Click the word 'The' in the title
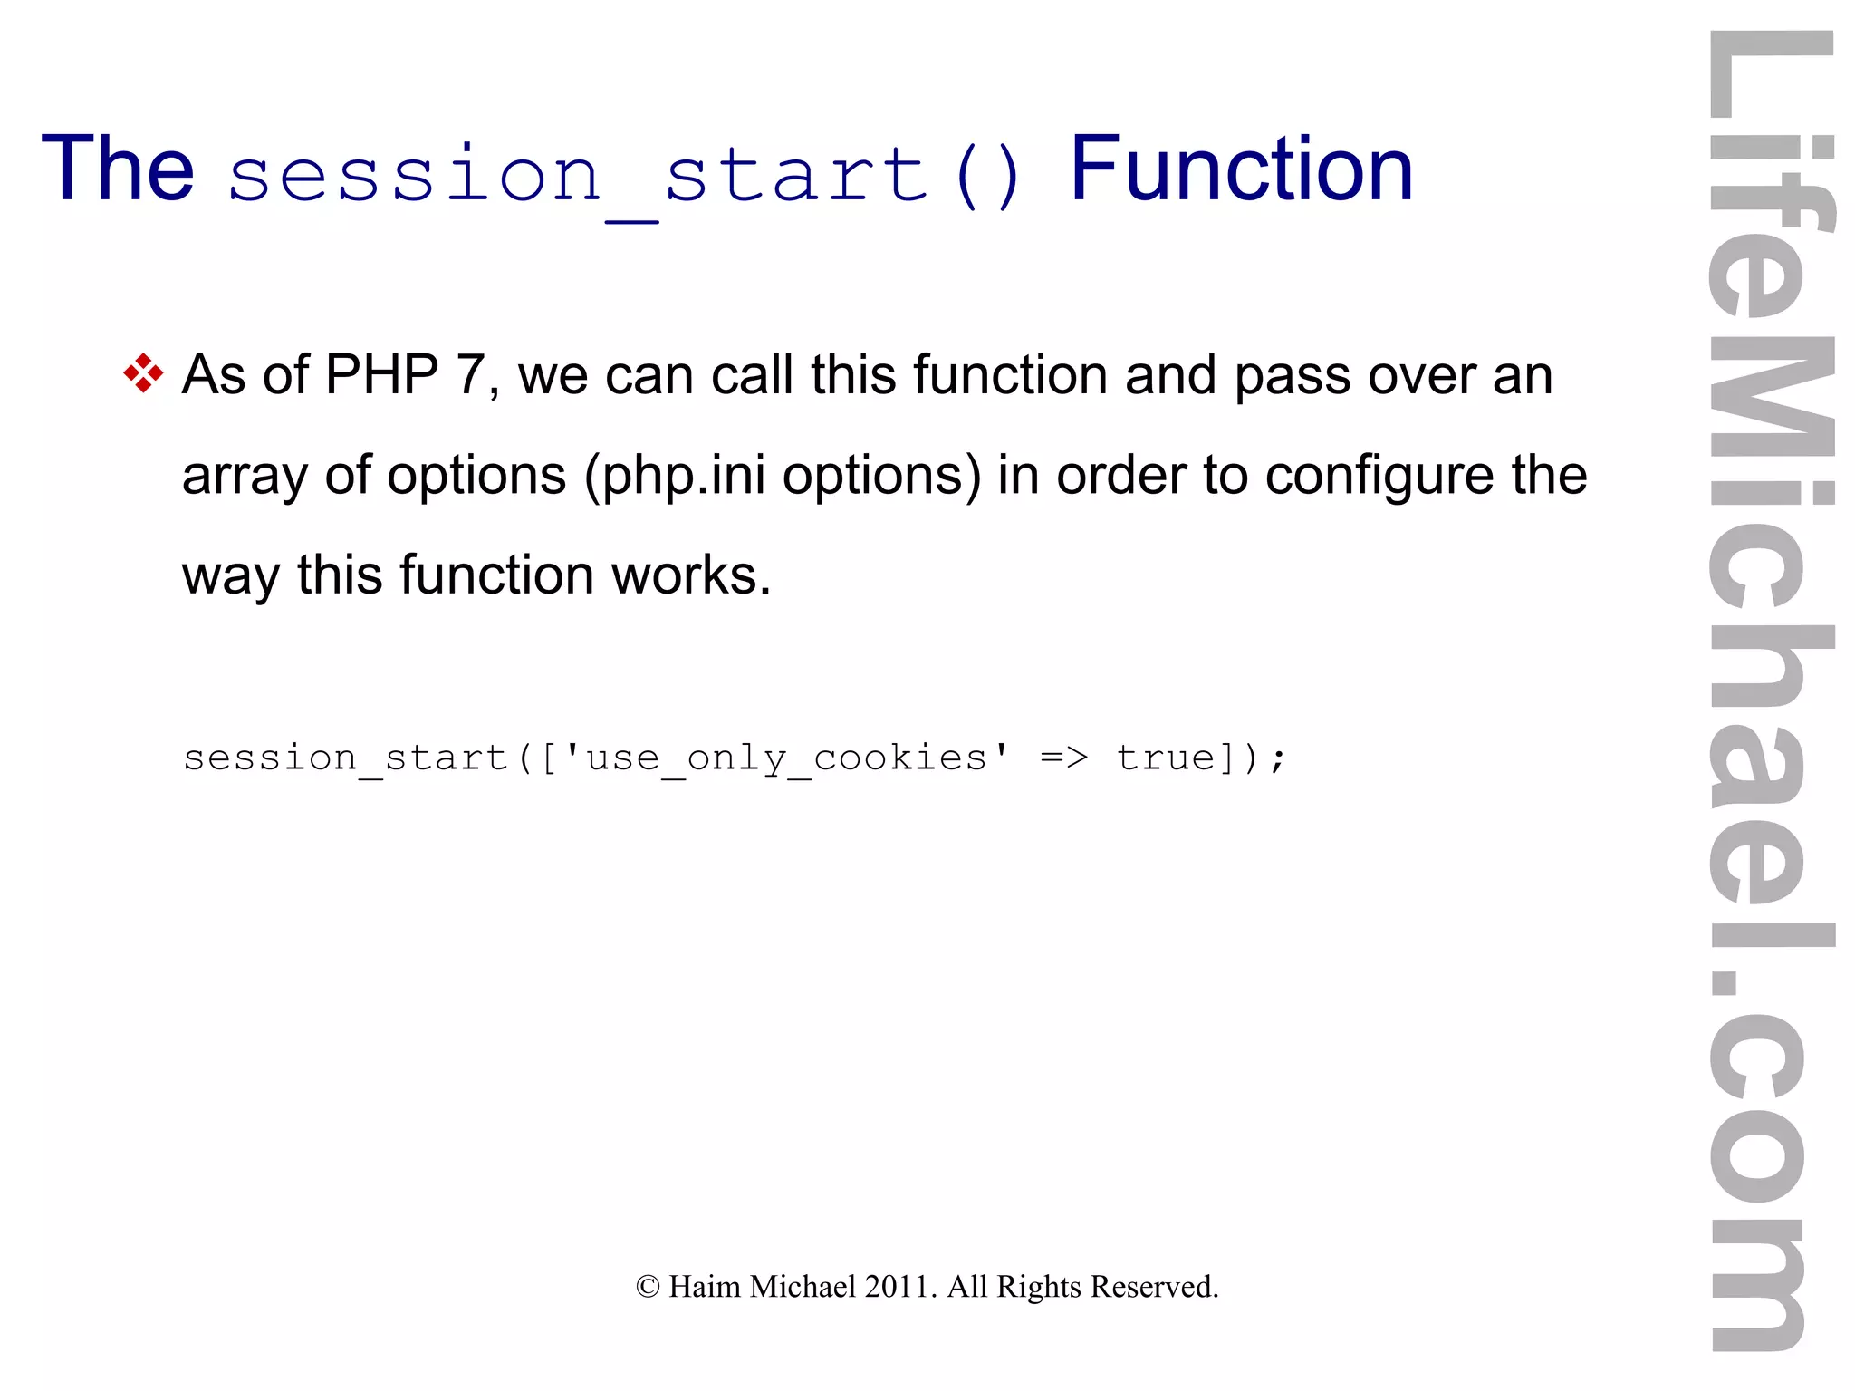[x=118, y=169]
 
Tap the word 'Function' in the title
[x=1241, y=169]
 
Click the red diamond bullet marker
[x=143, y=373]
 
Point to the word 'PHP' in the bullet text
[x=381, y=374]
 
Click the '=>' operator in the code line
[x=1063, y=758]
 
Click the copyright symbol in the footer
[x=648, y=1287]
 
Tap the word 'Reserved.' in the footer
[x=1154, y=1287]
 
